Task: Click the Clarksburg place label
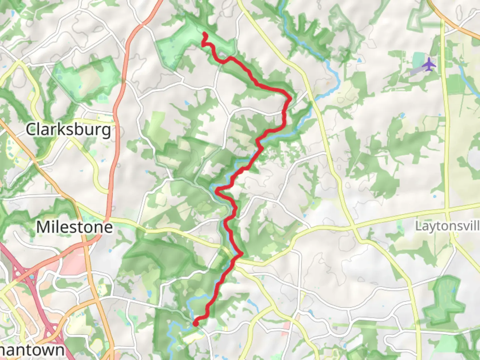[68, 129]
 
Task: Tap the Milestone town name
[74, 227]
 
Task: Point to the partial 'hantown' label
[32, 350]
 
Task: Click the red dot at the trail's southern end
[196, 323]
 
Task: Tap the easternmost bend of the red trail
[291, 98]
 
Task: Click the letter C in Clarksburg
[31, 129]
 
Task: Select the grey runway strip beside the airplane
[417, 70]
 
